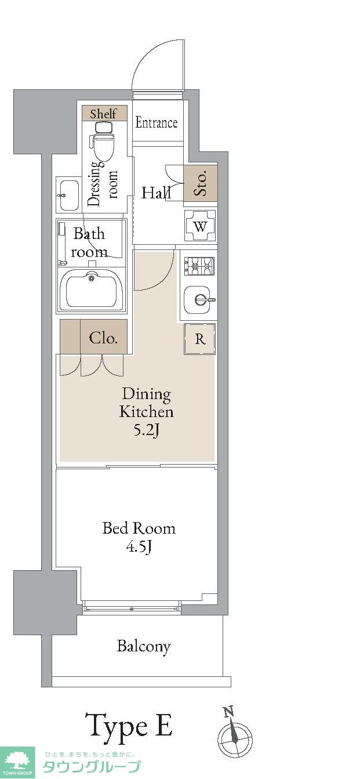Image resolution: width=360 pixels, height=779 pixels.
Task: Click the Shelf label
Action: pos(103,114)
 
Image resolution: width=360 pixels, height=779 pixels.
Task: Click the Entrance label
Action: pos(157,123)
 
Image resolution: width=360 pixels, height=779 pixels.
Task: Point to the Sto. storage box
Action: pos(201,183)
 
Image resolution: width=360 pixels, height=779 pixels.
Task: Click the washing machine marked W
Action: pos(200,226)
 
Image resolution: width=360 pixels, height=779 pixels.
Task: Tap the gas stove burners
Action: pos(199,266)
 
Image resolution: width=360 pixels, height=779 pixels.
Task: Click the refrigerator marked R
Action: pos(200,339)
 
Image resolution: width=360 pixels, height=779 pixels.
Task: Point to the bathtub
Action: pos(92,289)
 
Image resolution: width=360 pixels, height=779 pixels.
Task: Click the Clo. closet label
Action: pos(103,338)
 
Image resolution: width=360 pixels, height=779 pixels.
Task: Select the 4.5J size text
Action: pos(139,548)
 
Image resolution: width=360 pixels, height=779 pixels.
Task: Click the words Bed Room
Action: pos(139,528)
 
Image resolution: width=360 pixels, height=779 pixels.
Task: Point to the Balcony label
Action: pos(144,647)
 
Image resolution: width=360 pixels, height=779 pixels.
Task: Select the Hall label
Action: pos(156,193)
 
